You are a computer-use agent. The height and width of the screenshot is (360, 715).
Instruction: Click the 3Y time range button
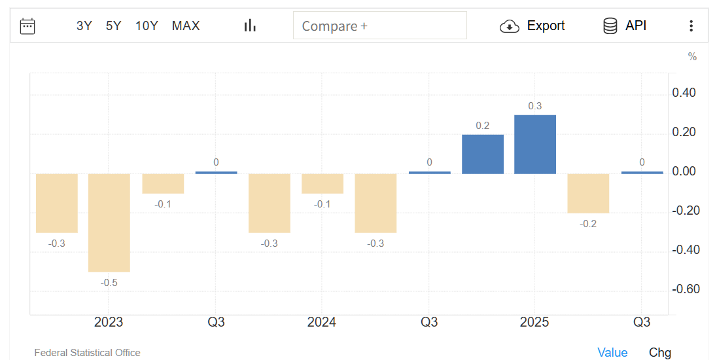(x=84, y=26)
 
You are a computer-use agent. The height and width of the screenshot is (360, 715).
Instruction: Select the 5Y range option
(x=114, y=26)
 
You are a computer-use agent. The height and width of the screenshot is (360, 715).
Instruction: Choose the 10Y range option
(x=147, y=26)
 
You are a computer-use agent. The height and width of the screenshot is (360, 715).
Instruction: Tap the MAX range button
(x=186, y=26)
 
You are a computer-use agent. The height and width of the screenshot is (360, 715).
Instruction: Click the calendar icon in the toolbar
(x=27, y=26)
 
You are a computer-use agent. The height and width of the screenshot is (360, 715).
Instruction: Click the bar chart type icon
(x=250, y=26)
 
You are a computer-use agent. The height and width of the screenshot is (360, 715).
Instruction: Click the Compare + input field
(x=379, y=26)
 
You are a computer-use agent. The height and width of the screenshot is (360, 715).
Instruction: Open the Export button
(x=532, y=26)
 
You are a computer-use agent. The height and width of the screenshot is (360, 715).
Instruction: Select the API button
(x=625, y=26)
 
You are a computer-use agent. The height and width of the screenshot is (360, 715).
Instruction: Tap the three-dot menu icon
(x=691, y=26)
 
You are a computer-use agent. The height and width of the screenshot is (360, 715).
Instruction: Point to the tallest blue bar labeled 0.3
(x=535, y=145)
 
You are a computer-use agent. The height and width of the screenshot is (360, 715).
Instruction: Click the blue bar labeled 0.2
(x=483, y=154)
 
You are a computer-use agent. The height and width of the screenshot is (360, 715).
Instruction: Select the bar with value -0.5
(x=109, y=223)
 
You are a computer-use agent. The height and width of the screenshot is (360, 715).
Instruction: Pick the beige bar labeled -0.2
(x=588, y=193)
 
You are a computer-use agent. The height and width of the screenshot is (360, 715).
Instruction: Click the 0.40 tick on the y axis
(x=684, y=93)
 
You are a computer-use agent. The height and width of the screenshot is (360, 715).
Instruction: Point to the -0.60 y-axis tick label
(x=684, y=289)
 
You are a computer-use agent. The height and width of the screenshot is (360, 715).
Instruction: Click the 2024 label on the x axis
(x=321, y=323)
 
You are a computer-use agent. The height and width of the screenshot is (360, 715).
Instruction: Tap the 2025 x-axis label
(x=534, y=323)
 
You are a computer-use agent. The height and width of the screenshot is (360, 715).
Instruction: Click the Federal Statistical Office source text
(x=87, y=353)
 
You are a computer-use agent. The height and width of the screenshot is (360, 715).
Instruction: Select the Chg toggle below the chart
(x=660, y=353)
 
